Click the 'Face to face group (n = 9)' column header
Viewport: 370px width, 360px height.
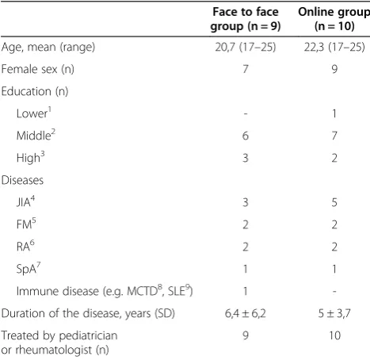[246, 19]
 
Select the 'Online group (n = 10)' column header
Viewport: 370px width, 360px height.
[334, 19]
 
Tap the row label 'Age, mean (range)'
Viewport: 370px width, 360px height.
[48, 48]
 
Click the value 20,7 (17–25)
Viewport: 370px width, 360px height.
[246, 48]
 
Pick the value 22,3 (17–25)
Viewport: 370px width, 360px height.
[334, 48]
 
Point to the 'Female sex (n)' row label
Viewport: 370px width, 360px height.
[38, 70]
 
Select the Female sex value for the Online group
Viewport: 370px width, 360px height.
[334, 69]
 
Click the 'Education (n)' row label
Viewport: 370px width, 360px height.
[35, 91]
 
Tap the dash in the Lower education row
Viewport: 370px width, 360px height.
[246, 114]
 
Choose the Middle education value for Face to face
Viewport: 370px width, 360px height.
[246, 136]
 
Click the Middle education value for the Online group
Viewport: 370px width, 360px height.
[334, 136]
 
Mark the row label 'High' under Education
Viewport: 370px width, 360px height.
[30, 158]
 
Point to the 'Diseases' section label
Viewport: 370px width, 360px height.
[22, 180]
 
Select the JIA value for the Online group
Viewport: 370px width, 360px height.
[334, 202]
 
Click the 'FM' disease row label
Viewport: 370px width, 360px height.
[26, 224]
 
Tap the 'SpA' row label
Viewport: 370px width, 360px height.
[29, 269]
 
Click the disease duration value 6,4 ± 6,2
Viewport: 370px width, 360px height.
[246, 313]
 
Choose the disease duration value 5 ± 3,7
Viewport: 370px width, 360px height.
[334, 313]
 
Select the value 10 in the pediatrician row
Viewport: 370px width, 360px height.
[334, 335]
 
